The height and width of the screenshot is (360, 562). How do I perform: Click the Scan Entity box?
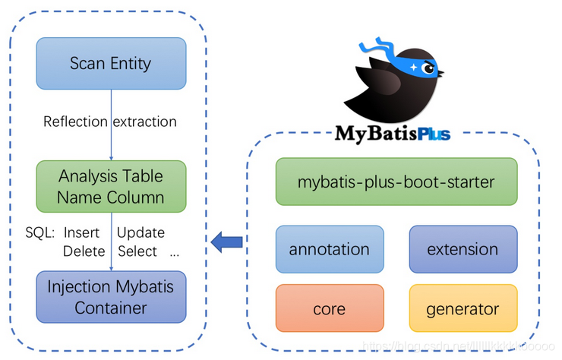(111, 63)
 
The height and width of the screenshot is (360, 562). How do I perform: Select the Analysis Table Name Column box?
(111, 187)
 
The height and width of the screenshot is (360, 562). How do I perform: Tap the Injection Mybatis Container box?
(111, 297)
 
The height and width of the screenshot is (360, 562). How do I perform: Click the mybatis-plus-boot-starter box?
(396, 182)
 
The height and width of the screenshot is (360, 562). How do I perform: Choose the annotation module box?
(330, 248)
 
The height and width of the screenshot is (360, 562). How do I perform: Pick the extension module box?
(463, 248)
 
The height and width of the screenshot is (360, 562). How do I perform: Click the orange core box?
(330, 309)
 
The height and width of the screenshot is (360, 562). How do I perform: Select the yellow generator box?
(463, 309)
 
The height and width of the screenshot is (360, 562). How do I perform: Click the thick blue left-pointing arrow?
(227, 242)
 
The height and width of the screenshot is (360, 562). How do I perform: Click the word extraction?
(145, 122)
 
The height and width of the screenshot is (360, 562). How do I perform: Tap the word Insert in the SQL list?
(82, 232)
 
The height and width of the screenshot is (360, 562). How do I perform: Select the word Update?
(140, 232)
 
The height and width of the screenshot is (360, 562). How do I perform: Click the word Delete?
(84, 251)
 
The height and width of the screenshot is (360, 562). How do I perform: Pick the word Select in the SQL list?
(137, 251)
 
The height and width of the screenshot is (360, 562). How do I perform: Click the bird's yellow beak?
(445, 75)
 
